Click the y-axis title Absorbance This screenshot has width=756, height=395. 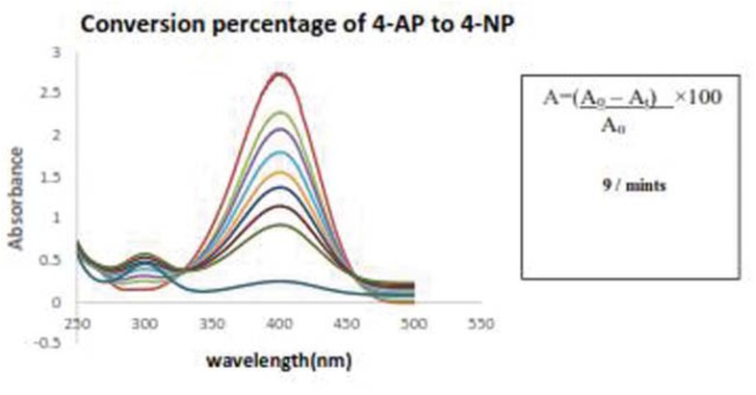pos(17,198)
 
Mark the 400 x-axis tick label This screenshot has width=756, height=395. pos(279,324)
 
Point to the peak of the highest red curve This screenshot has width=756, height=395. pos(279,73)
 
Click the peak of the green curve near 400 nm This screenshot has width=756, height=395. pos(279,113)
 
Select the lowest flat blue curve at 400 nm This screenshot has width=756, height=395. pos(279,281)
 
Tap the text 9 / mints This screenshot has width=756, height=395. pos(629,186)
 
